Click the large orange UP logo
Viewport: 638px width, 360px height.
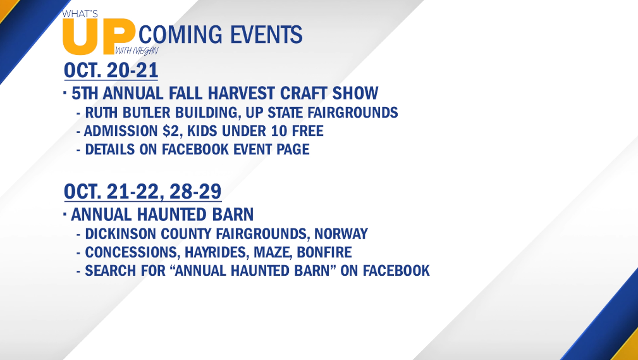click(x=99, y=36)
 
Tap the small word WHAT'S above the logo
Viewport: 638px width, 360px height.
click(x=80, y=14)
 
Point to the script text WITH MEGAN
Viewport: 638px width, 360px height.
click(x=136, y=51)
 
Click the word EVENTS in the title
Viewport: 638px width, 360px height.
click(x=266, y=34)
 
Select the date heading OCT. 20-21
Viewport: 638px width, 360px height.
click(x=111, y=70)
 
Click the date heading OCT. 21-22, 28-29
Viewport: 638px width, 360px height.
click(x=142, y=192)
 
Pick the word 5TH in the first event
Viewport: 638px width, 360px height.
click(x=85, y=93)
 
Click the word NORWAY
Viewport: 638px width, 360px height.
click(x=341, y=234)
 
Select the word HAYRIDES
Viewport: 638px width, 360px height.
click(x=216, y=252)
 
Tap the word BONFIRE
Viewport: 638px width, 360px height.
click(x=324, y=252)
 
